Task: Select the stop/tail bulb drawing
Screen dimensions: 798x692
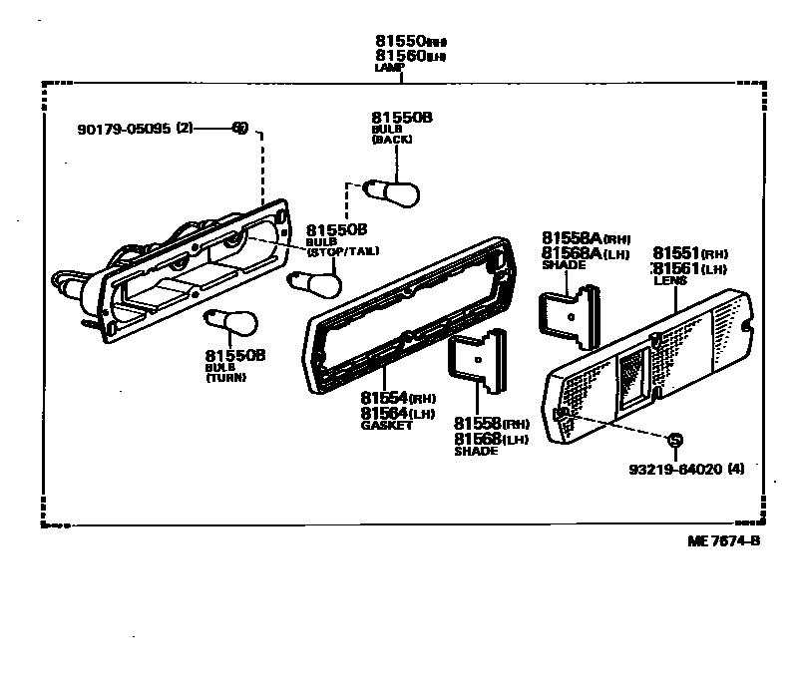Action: [315, 284]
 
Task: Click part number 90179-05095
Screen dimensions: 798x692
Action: [124, 129]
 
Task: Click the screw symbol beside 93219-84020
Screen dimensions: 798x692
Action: [674, 440]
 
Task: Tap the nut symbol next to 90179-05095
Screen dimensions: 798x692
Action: [239, 128]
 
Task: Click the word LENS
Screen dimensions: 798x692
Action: [665, 282]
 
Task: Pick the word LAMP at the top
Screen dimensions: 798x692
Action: [387, 68]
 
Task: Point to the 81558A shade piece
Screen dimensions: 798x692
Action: [571, 309]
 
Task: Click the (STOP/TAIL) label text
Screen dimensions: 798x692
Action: [342, 251]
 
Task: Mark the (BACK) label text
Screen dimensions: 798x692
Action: [391, 140]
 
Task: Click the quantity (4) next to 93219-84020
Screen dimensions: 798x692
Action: [736, 468]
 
